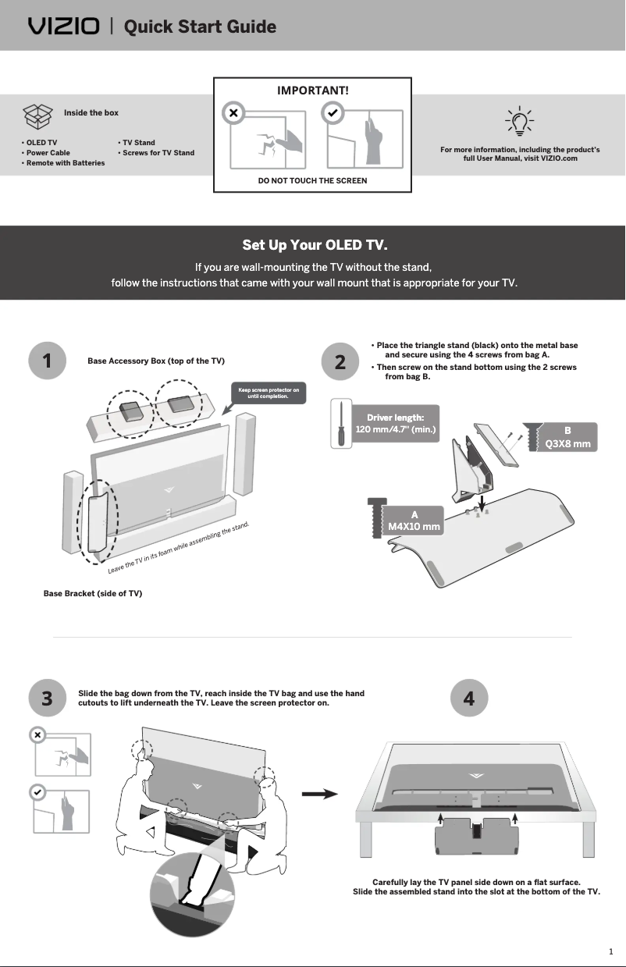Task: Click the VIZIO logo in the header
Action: click(64, 27)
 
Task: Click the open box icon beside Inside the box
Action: click(38, 116)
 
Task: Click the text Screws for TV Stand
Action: click(156, 153)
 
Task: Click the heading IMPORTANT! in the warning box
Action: click(313, 90)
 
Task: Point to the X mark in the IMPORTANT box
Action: click(232, 114)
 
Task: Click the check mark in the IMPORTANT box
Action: click(333, 114)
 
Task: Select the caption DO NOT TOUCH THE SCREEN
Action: click(312, 180)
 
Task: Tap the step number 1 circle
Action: click(47, 361)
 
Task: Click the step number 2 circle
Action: click(340, 361)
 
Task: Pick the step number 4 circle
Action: click(469, 699)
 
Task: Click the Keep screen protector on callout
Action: click(268, 393)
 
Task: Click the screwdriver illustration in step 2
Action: click(340, 423)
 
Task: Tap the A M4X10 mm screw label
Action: click(414, 521)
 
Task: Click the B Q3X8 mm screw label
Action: click(567, 437)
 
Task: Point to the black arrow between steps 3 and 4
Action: click(319, 794)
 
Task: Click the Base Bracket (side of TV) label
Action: click(93, 593)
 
